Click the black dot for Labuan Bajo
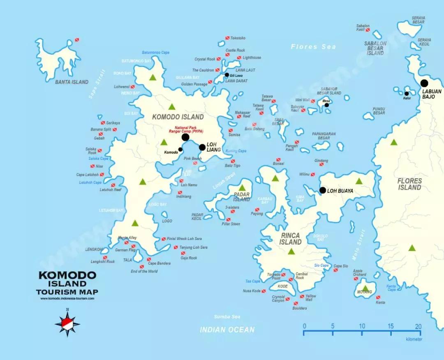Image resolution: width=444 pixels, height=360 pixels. tap(424, 83)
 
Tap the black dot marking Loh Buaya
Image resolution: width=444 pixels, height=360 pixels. tap(323, 190)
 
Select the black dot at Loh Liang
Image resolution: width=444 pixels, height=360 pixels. tap(202, 147)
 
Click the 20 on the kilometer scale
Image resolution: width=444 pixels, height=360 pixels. tap(418, 326)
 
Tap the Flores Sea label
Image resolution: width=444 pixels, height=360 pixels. tap(313, 46)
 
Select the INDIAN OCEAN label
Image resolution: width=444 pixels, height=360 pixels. tap(227, 330)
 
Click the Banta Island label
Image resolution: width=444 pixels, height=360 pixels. tap(72, 82)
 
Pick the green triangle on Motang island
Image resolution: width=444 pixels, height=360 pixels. tap(365, 288)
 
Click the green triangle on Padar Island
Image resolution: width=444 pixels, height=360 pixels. tap(242, 187)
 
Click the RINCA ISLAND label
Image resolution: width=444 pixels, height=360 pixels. tap(291, 239)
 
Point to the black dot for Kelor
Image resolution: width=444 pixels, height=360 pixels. tap(407, 93)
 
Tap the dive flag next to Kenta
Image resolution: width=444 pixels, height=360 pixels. tap(378, 297)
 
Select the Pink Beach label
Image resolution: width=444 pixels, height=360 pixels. tap(192, 158)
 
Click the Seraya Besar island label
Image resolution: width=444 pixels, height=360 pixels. tap(418, 20)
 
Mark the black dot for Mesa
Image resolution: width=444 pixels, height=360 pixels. tap(327, 105)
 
